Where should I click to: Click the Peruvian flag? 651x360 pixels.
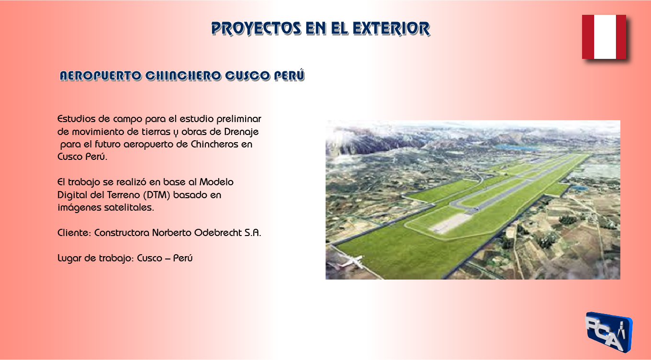[x=604, y=37]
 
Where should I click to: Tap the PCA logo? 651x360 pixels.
[x=608, y=332]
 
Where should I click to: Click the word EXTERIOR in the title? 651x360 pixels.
[x=391, y=29]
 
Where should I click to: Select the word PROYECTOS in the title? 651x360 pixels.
[x=256, y=29]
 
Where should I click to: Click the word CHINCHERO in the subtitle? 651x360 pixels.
[x=183, y=76]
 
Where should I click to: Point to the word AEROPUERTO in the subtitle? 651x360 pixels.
[x=101, y=76]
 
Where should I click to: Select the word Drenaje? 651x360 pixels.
[x=241, y=132]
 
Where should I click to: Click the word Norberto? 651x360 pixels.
[x=172, y=233]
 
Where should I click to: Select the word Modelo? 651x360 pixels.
[x=216, y=182]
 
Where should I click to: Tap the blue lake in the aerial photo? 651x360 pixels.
[x=516, y=147]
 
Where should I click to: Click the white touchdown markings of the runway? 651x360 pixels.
[x=449, y=223]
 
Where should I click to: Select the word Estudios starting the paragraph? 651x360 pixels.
[x=77, y=119]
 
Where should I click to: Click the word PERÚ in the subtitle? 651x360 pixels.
[x=289, y=75]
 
